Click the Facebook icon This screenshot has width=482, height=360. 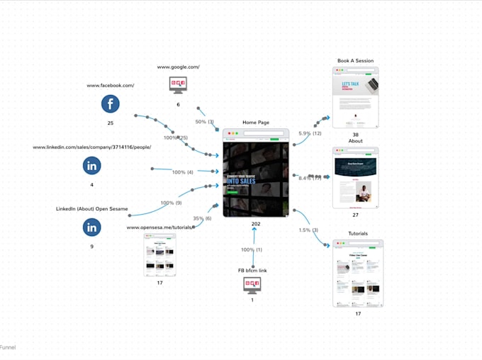coord(110,104)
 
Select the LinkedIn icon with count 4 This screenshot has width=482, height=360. coord(91,166)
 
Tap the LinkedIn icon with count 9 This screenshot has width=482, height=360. coord(91,227)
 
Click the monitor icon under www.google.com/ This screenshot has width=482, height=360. coord(178,85)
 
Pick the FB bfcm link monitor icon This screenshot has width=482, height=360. coord(252,285)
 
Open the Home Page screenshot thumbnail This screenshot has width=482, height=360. coord(256,173)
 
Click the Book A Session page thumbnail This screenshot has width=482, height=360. coord(355,98)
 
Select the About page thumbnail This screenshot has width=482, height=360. coord(355,178)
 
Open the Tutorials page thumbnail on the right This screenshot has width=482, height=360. coord(358,273)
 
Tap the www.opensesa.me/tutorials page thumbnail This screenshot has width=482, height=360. coord(159,254)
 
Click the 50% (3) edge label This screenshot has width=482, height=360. coord(204,122)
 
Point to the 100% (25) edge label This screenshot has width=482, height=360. coord(176,137)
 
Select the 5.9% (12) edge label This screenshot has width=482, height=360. coord(310,133)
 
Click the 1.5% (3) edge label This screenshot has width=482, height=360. coord(308,230)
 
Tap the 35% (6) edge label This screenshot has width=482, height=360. coord(202,218)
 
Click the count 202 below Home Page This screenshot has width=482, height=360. coord(255,224)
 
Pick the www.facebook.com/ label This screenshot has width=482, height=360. coord(110,86)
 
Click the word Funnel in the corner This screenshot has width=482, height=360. coord(8,347)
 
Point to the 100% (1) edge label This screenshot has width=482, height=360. coord(252,249)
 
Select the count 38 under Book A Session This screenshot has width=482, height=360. coord(355,135)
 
